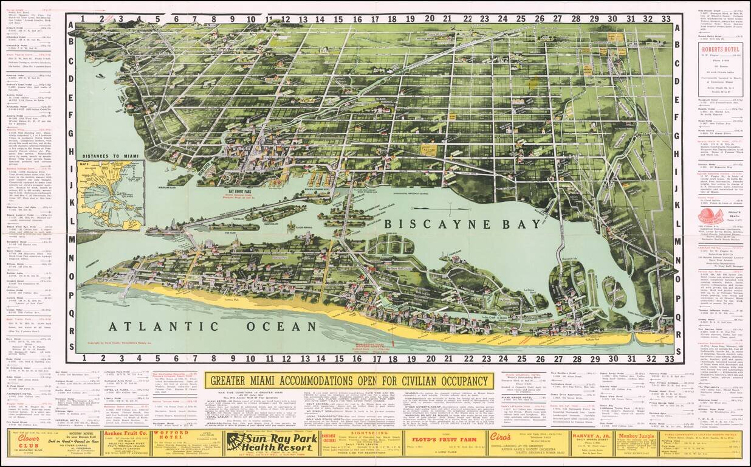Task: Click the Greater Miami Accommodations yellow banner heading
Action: click(x=349, y=381)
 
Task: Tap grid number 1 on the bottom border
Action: click(x=84, y=359)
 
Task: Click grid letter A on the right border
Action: click(x=679, y=27)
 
